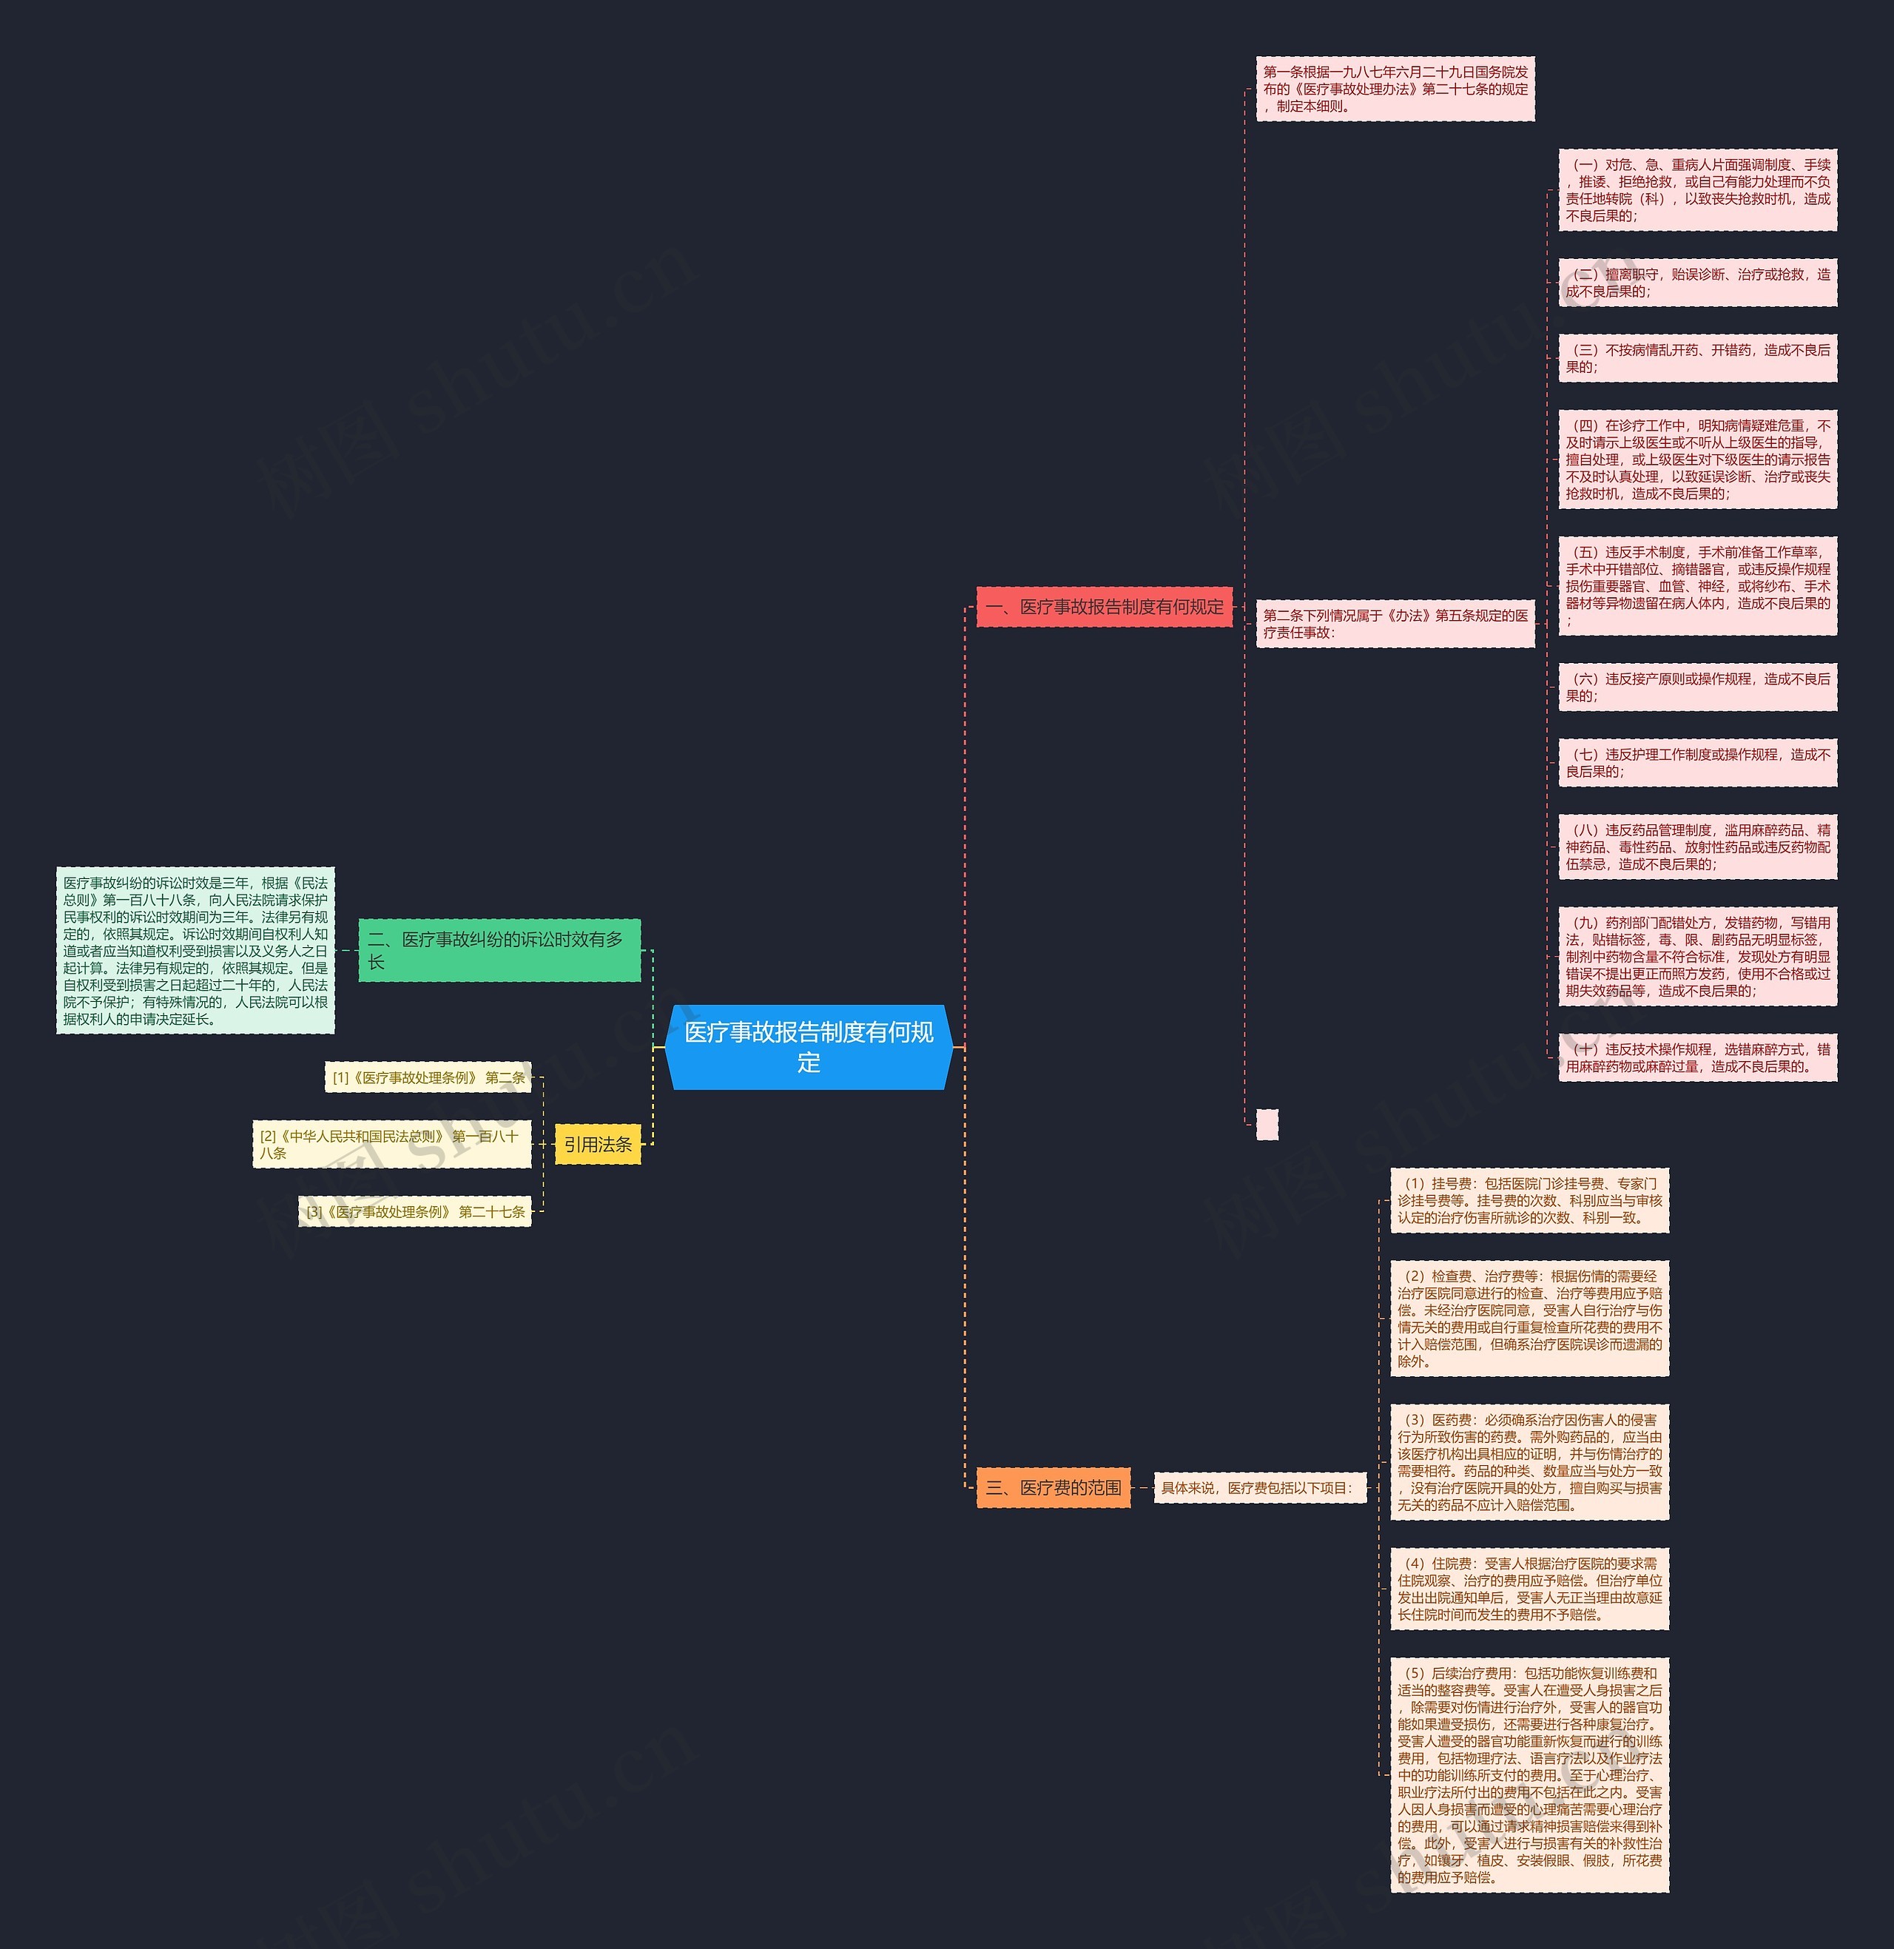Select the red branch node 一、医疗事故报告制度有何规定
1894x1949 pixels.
[1104, 607]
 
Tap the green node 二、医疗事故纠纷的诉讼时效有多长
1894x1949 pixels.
[499, 950]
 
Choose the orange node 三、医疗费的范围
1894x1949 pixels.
[1053, 1487]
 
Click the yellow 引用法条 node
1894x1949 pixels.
[597, 1144]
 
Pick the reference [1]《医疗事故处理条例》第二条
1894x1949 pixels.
[428, 1077]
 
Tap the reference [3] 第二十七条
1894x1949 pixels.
[415, 1212]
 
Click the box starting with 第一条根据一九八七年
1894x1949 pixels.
[1395, 89]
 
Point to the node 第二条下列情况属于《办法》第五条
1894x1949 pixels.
[1395, 624]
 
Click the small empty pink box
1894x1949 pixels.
[1267, 1124]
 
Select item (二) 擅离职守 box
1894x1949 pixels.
[1697, 283]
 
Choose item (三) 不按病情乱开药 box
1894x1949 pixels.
[1697, 358]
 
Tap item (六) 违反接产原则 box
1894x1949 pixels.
[1697, 687]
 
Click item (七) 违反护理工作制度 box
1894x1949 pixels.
[1697, 763]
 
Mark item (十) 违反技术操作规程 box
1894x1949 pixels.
[1697, 1057]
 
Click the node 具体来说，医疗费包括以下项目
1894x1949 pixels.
[1259, 1487]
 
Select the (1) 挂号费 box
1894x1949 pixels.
[1529, 1201]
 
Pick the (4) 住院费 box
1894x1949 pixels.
[1529, 1589]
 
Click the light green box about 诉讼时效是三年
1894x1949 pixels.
[195, 950]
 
